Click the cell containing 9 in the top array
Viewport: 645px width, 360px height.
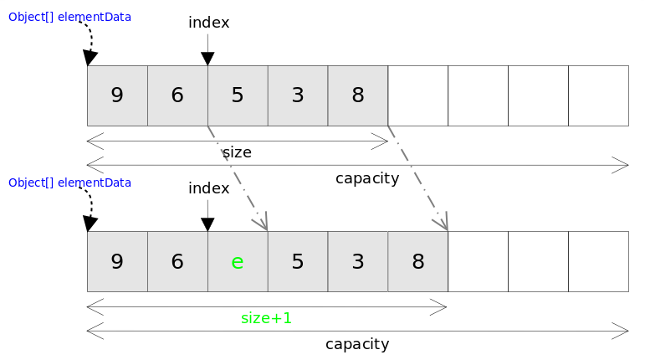tap(117, 95)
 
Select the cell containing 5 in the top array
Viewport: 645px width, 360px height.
tap(238, 95)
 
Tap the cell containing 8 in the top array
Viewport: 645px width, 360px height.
tap(358, 95)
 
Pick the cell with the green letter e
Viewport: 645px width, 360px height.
tap(238, 261)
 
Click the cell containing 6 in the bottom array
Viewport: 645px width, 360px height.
tap(177, 261)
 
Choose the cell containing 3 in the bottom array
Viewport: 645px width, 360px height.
tap(358, 261)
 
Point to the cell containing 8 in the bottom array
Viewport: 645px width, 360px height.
tap(418, 261)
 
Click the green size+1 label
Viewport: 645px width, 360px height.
tap(266, 318)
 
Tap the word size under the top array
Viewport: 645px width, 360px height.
tap(237, 152)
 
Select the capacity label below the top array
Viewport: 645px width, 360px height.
tap(366, 178)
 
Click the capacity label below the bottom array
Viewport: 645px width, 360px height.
tap(357, 344)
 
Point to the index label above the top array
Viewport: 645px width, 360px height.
tap(208, 23)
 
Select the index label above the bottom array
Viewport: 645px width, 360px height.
tap(208, 188)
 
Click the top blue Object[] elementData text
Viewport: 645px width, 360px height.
tap(69, 17)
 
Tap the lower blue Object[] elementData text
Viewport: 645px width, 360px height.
tap(69, 183)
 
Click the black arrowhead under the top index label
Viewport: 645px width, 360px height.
tap(207, 59)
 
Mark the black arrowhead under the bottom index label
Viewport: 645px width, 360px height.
tap(207, 224)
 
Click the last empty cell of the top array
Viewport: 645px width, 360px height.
tap(598, 95)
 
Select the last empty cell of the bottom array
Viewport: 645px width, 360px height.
tap(598, 261)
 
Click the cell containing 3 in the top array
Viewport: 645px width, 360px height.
tap(298, 95)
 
